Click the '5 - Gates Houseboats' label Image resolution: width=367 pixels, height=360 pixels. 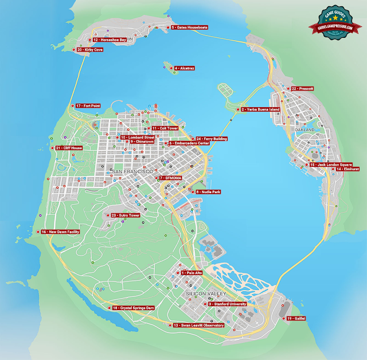[190, 28]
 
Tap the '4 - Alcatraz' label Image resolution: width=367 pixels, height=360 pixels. [184, 68]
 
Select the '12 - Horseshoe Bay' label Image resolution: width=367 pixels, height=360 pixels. [109, 40]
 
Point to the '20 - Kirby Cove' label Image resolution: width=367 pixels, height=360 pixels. [91, 50]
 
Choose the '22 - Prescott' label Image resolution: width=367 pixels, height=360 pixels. [303, 89]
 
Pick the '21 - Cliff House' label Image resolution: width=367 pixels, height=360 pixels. [69, 148]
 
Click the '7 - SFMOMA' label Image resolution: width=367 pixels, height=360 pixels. [172, 178]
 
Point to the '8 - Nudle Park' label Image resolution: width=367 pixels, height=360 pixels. [209, 191]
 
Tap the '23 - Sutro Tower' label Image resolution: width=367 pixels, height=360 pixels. [126, 215]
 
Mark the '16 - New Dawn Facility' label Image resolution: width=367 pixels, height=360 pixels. [60, 232]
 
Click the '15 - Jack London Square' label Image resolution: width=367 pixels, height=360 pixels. [331, 165]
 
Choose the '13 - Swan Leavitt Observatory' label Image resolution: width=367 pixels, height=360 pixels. [198, 325]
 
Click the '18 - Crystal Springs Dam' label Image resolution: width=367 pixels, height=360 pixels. [134, 308]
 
